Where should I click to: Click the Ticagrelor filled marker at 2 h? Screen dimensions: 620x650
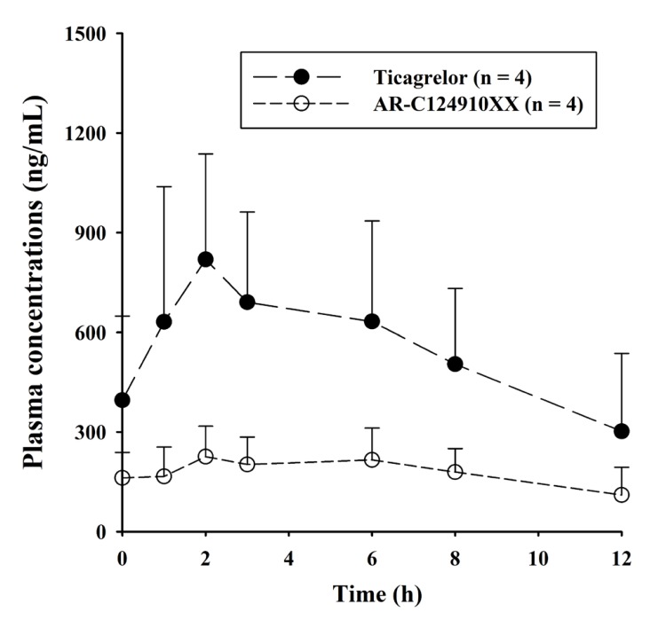tap(206, 259)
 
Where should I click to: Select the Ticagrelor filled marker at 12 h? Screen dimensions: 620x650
tap(622, 431)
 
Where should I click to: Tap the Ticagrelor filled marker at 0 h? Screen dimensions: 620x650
tap(123, 400)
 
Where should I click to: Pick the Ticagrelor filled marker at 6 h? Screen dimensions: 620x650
tap(372, 321)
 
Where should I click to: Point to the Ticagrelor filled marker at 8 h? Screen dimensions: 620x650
tap(456, 364)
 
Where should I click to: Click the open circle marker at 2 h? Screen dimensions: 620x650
tap(206, 456)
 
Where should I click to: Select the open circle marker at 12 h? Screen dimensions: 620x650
tap(622, 494)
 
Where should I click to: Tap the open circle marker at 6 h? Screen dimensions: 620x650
tap(372, 459)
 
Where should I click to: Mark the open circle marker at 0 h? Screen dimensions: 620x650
tap(123, 478)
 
